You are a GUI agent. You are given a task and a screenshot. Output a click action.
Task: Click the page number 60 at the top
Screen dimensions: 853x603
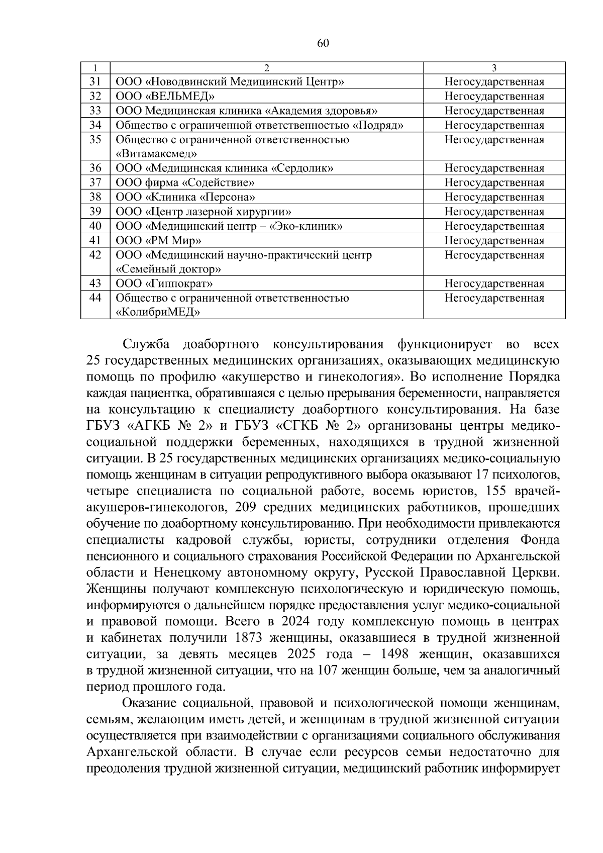coord(323,43)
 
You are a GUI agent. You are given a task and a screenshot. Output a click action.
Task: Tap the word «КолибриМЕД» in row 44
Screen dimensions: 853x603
coord(158,313)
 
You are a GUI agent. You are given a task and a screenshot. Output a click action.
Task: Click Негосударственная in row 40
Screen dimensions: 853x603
coord(494,226)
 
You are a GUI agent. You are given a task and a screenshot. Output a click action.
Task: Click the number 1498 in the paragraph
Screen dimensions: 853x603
coord(398,654)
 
